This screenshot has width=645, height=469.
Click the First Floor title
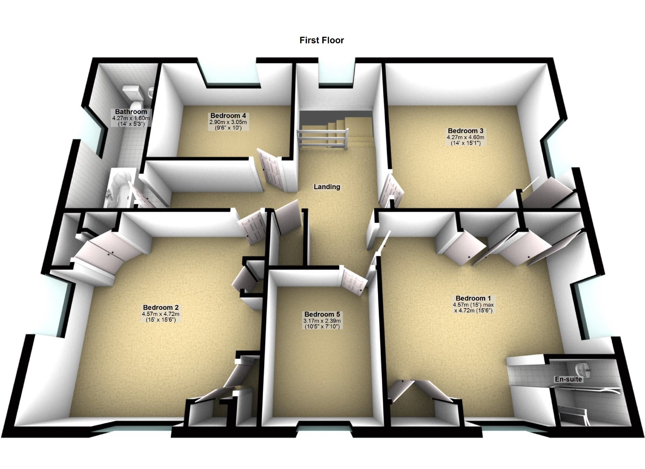click(322, 40)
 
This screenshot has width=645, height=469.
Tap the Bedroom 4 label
click(228, 116)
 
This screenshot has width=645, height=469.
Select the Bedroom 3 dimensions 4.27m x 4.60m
click(465, 137)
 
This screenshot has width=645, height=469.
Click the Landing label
click(327, 187)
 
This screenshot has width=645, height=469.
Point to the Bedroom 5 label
click(322, 314)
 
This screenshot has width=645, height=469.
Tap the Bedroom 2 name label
click(161, 308)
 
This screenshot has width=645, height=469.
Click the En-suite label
click(568, 379)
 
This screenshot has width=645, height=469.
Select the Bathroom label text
click(131, 112)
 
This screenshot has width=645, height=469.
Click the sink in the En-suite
click(583, 369)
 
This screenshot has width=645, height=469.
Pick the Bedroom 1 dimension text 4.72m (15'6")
click(473, 310)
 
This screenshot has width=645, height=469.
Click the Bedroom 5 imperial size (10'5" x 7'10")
click(322, 326)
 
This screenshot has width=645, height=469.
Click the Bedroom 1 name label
click(473, 298)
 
